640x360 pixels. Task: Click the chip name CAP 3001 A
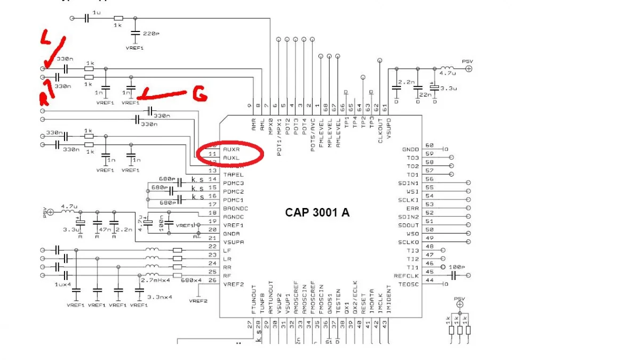tap(317, 212)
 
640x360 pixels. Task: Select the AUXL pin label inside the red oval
tap(233, 158)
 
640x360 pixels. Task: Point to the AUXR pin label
tap(233, 149)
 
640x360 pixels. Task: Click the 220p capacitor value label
tap(151, 34)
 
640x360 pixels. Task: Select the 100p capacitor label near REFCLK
tap(457, 266)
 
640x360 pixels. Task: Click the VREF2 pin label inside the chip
tap(234, 284)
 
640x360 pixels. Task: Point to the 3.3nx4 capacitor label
tap(160, 297)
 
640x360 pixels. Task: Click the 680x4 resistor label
tap(191, 280)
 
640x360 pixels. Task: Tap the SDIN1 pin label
tap(409, 183)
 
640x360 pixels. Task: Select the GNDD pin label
tap(411, 149)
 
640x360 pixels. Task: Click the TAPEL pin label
tap(234, 174)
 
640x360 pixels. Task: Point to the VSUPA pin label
tap(234, 242)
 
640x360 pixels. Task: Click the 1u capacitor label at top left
tap(97, 12)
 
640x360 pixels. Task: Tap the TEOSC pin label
tap(409, 284)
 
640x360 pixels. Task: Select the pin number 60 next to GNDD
tap(429, 145)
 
